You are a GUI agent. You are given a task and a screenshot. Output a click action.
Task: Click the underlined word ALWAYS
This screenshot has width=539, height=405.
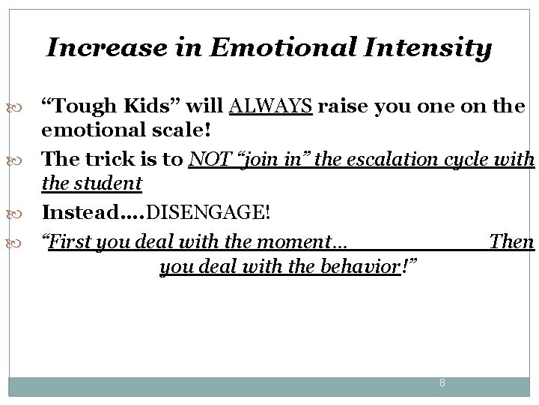coord(271,106)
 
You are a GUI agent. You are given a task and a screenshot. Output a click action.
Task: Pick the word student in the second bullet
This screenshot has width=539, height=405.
coord(106,183)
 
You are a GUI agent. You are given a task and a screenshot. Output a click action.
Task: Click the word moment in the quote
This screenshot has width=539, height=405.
coord(301,242)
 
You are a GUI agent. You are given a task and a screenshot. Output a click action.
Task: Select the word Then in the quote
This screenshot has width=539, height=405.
coord(511,242)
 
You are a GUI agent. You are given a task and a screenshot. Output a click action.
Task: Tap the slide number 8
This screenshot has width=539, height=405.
coord(442,383)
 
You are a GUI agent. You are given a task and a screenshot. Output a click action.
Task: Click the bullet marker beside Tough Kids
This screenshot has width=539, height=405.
coord(18,107)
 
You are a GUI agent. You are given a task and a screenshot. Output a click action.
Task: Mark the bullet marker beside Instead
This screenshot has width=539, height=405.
coord(18,213)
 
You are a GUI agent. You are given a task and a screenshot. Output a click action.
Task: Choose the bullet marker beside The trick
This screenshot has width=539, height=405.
coord(18,160)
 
